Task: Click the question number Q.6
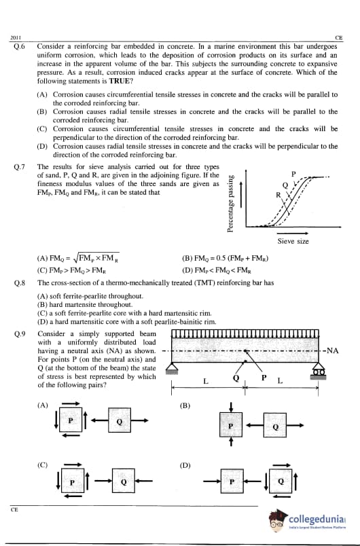(19, 46)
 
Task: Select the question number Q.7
(19, 167)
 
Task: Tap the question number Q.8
(19, 283)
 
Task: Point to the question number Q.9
(19, 334)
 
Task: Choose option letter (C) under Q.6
(42, 129)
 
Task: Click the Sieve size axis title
(293, 241)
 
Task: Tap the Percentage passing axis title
(230, 204)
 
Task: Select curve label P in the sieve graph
(293, 174)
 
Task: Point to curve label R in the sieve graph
(278, 195)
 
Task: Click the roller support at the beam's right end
(318, 370)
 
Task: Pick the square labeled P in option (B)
(231, 425)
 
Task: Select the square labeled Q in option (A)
(120, 420)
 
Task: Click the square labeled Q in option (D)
(281, 481)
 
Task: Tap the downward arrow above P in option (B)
(231, 407)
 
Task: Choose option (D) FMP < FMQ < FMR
(217, 270)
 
